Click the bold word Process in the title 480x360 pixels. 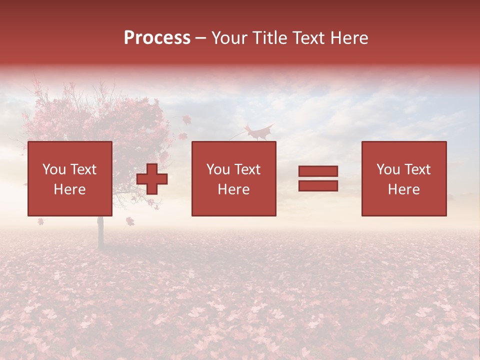(x=157, y=38)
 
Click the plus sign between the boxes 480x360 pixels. (x=152, y=179)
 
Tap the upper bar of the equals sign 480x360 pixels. (x=318, y=171)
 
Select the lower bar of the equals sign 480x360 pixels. (x=318, y=186)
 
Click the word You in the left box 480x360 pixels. (x=54, y=169)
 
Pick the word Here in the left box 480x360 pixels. (x=69, y=189)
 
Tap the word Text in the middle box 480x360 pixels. (x=247, y=169)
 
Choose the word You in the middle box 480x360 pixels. (x=218, y=169)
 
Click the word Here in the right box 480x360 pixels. (x=403, y=189)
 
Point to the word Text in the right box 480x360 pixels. (x=417, y=169)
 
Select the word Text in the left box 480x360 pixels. (x=83, y=169)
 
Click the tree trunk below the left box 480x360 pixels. (x=100, y=232)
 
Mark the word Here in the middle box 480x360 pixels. (x=233, y=189)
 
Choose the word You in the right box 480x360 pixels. (x=388, y=169)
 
